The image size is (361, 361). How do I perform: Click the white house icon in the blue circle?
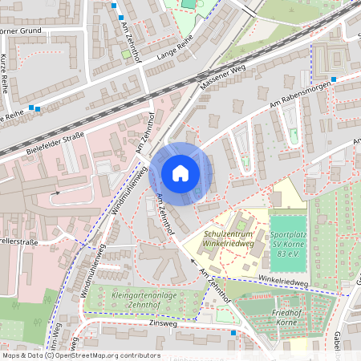(180, 173)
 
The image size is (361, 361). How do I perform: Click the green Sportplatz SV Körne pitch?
(287, 237)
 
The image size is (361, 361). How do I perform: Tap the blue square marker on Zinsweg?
(233, 331)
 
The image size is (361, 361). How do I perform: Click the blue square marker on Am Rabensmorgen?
(334, 79)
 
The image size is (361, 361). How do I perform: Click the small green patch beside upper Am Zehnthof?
(125, 55)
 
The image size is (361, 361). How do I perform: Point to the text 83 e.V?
(288, 254)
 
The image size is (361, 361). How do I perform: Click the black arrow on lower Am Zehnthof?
(192, 261)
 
